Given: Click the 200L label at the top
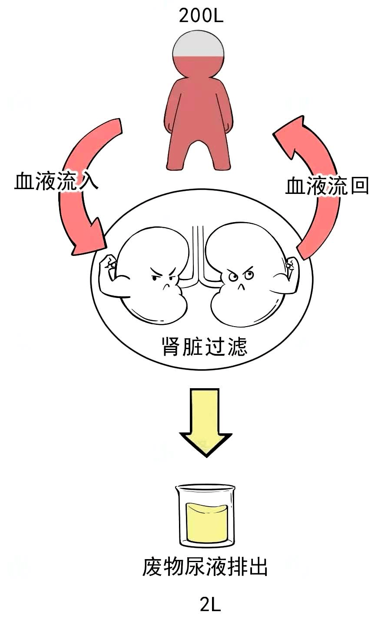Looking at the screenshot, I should point(201,16).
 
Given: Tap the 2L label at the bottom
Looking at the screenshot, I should point(210,604).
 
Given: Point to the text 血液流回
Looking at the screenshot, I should point(327,187).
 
